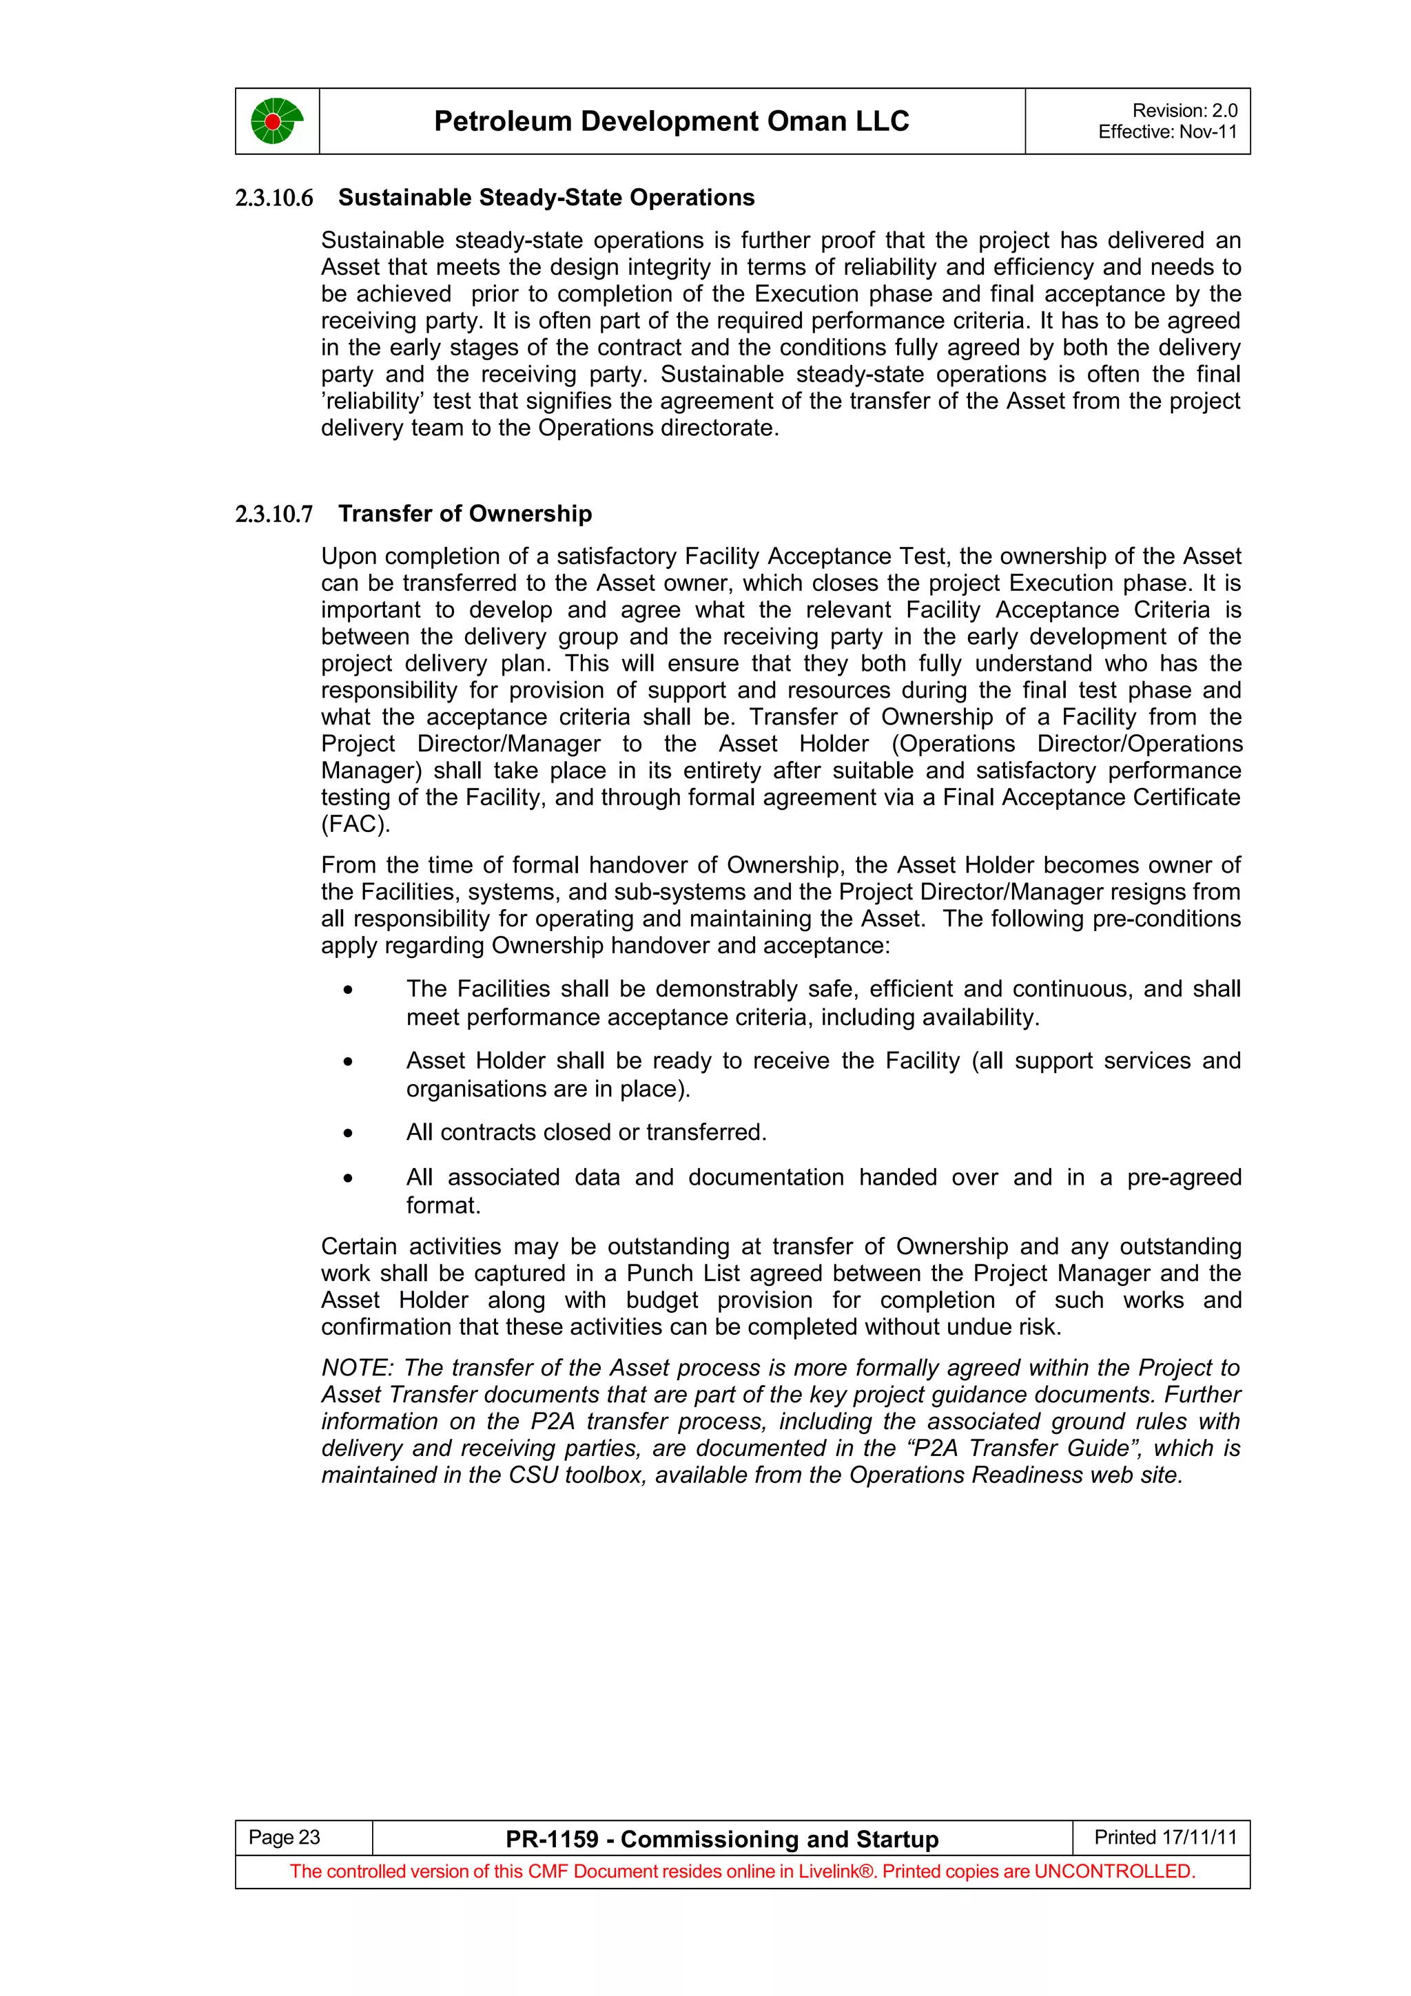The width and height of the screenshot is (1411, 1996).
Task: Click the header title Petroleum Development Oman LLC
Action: coord(671,121)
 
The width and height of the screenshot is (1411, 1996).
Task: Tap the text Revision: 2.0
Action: coord(1184,110)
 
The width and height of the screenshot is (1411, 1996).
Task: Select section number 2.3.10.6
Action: coord(274,198)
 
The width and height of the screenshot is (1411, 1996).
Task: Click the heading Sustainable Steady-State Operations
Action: coord(546,198)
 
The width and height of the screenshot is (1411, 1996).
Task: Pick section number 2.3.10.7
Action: coord(274,514)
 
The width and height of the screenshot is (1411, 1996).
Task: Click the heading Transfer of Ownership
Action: coord(465,514)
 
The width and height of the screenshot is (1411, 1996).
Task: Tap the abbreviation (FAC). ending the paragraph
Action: coord(356,824)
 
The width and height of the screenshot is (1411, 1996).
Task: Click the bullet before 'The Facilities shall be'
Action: coord(348,989)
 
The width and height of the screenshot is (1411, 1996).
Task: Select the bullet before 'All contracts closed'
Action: coord(348,1133)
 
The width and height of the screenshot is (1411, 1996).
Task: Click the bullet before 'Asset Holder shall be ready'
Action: coord(348,1061)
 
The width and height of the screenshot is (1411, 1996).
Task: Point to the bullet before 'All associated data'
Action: coord(348,1178)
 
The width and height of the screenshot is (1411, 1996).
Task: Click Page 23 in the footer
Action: coord(285,1837)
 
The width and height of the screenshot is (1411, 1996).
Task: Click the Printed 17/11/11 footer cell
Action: coord(1165,1837)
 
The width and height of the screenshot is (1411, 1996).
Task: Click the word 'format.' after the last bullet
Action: coord(444,1206)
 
